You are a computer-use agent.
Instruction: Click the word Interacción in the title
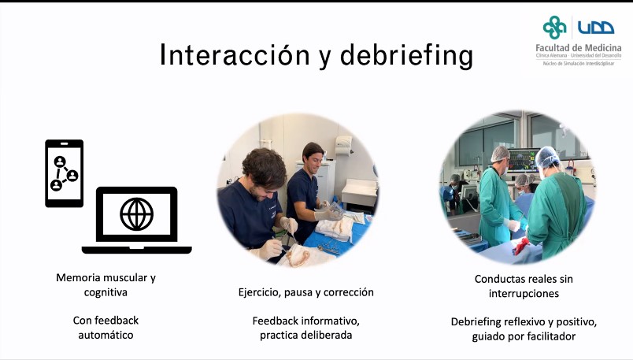coord(235,54)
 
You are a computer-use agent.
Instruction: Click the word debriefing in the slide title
coord(407,55)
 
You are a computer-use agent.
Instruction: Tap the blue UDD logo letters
coord(596,28)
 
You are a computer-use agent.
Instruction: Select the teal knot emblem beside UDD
coord(554,27)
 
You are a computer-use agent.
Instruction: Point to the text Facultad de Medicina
coord(579,48)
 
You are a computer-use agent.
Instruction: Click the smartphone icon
coord(65,173)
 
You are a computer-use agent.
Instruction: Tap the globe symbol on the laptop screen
coord(137,214)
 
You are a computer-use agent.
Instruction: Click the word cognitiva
coord(105,292)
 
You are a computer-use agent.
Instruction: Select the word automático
coord(105,335)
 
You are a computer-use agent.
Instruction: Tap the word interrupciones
coord(524,293)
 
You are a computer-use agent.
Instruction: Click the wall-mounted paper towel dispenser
coord(343,146)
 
